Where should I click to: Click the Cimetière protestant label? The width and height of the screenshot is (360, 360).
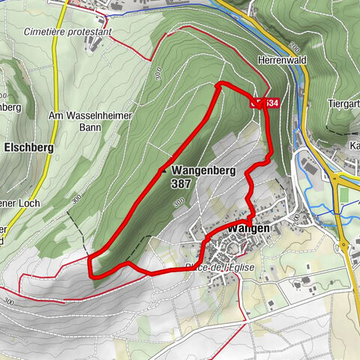click(x=67, y=32)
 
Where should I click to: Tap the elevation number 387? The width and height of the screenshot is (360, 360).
click(x=179, y=183)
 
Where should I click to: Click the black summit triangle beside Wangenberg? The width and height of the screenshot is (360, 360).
click(x=163, y=170)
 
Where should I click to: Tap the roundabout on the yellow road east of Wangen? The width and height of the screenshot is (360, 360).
click(x=343, y=244)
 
